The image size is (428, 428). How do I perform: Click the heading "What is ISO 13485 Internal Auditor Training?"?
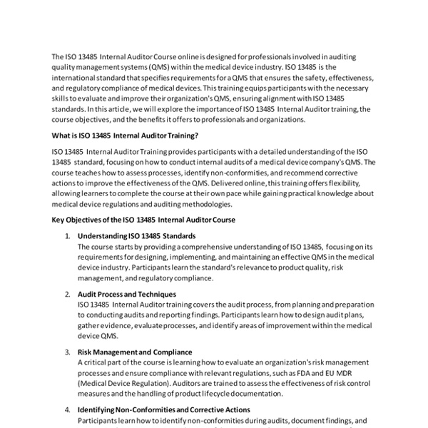point(125,136)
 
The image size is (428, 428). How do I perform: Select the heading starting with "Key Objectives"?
point(143,220)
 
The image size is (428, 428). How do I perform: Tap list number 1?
point(68,235)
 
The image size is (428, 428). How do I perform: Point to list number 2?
point(68,294)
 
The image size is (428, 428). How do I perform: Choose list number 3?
point(68,352)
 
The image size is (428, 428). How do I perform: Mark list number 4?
point(68,410)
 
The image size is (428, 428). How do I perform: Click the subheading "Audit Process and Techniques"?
point(126,294)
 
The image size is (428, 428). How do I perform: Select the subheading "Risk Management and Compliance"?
point(134,352)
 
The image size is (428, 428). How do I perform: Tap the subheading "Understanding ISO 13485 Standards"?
point(136,235)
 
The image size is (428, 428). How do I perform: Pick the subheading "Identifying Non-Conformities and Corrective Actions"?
point(163,410)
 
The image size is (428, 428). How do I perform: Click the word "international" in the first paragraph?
point(73,77)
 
